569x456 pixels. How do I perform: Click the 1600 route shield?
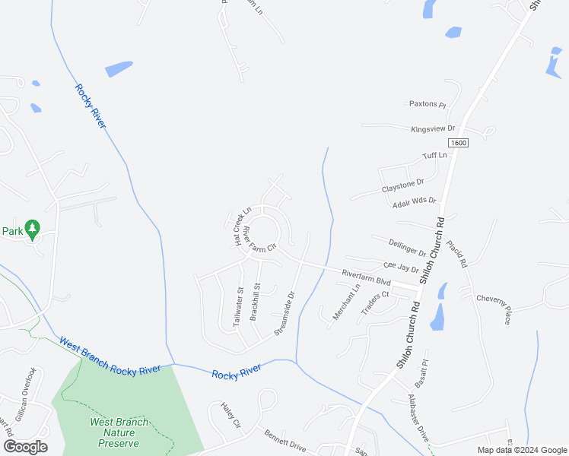[x=458, y=143]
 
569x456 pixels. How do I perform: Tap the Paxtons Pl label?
[x=427, y=104]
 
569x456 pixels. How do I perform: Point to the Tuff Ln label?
[x=435, y=157]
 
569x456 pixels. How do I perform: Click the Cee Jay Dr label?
[x=401, y=268]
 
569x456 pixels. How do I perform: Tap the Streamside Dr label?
[x=284, y=312]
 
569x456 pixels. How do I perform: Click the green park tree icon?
[x=32, y=227]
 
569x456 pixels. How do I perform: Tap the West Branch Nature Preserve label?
[x=119, y=432]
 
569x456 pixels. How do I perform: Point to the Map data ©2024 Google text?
[x=520, y=450]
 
